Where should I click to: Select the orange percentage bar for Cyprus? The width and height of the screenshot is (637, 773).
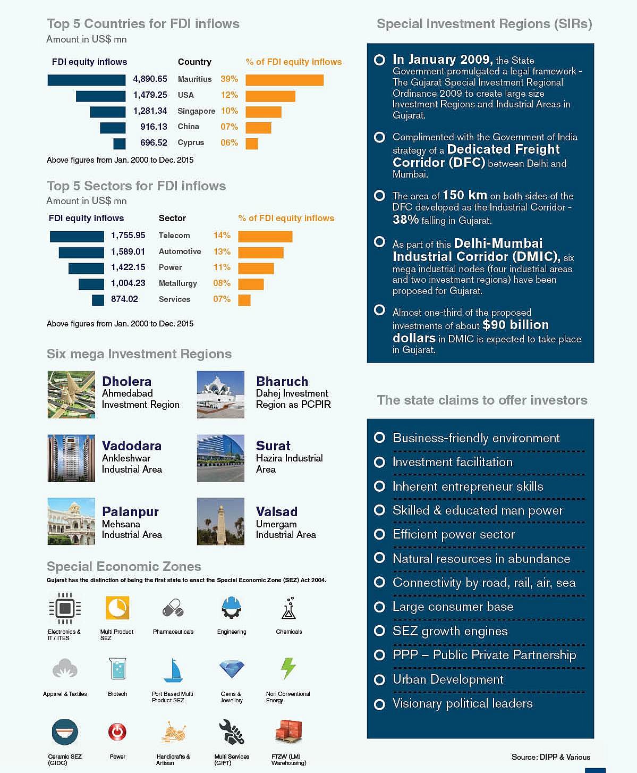tap(252, 144)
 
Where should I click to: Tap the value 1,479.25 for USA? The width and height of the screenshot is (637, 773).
tap(150, 95)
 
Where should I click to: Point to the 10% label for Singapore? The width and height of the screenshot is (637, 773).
tap(230, 111)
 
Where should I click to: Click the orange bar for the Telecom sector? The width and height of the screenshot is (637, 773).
tap(265, 237)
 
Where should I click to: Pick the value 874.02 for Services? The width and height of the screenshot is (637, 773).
tap(124, 299)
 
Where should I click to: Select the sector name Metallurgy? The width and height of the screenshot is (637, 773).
tap(177, 283)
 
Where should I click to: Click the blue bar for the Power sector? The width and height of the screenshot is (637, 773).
tap(86, 268)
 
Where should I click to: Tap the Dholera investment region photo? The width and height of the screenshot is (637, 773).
tap(71, 394)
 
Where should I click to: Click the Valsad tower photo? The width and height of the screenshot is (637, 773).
tap(220, 522)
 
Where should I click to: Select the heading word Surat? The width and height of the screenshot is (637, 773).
tap(273, 446)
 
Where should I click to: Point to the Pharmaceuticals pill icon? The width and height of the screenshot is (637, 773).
tap(173, 608)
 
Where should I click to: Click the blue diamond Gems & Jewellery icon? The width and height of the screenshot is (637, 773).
tap(232, 669)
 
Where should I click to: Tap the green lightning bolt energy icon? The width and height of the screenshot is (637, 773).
tap(288, 668)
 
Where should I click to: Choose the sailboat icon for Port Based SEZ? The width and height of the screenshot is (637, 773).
tap(173, 670)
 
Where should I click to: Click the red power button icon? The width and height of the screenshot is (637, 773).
tap(117, 732)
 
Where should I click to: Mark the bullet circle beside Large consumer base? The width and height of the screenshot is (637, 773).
tap(379, 607)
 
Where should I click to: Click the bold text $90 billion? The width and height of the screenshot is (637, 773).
tap(515, 325)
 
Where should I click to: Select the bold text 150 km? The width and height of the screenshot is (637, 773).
tap(465, 195)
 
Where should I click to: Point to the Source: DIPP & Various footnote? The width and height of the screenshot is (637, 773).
tap(550, 757)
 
